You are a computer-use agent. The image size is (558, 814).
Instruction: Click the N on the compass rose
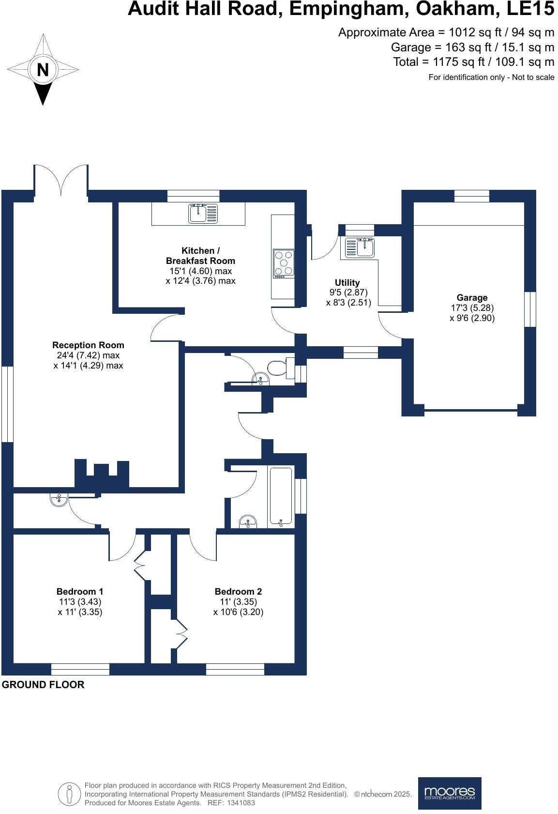43,69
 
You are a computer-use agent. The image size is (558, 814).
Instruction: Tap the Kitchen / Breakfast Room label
200,256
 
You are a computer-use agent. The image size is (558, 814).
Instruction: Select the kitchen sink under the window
203,214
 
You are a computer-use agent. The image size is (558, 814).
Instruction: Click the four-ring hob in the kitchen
284,264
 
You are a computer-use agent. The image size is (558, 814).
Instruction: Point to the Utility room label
347,282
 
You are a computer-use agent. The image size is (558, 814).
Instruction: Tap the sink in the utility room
360,247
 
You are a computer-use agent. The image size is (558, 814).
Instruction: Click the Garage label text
472,298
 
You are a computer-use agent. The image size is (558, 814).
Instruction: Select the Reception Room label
88,345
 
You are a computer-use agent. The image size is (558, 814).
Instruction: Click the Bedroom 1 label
80,591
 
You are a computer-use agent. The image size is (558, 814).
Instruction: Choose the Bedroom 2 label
238,591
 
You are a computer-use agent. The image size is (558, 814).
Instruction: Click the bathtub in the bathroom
281,496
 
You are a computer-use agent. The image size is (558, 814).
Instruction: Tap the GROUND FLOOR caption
43,685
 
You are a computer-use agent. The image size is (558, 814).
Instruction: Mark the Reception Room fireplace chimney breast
102,474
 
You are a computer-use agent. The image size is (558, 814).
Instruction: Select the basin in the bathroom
248,522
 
